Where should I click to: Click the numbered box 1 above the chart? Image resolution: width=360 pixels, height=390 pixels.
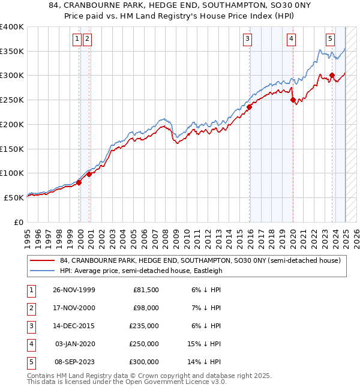pyautogui.click(x=77, y=40)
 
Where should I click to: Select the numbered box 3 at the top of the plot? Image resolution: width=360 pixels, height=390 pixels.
pyautogui.click(x=247, y=40)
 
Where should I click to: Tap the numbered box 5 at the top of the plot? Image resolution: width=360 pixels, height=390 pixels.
pyautogui.click(x=330, y=40)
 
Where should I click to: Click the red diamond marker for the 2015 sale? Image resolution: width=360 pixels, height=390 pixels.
pyautogui.click(x=249, y=107)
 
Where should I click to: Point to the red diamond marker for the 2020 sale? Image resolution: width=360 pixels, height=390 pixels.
pyautogui.click(x=293, y=100)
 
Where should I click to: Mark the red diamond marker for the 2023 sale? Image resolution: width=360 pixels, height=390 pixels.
pyautogui.click(x=332, y=76)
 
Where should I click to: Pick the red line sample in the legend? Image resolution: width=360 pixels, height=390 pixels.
pyautogui.click(x=42, y=261)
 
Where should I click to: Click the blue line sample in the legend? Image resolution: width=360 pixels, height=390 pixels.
pyautogui.click(x=42, y=271)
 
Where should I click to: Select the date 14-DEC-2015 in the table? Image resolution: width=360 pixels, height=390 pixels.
pyautogui.click(x=74, y=326)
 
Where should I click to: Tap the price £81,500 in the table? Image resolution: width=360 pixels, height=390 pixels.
pyautogui.click(x=145, y=290)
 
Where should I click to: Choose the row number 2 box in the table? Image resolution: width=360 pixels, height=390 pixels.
pyautogui.click(x=30, y=308)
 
